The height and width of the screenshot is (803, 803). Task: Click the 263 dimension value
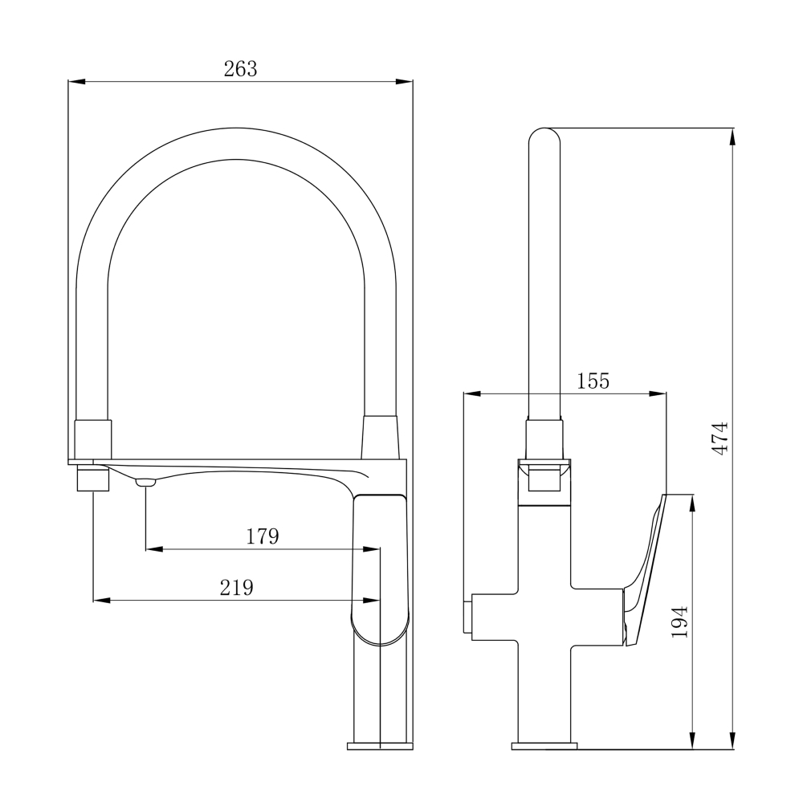tap(240, 68)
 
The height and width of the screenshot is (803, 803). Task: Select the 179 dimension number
tap(263, 536)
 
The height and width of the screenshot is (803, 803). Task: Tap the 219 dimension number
tap(237, 588)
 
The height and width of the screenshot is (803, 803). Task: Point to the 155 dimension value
tap(593, 381)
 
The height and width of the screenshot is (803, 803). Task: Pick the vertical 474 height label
tap(720, 438)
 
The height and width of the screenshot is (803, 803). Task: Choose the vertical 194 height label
tap(679, 622)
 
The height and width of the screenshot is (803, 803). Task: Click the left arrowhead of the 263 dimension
tap(77, 81)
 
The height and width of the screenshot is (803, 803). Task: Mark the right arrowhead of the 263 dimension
tap(404, 81)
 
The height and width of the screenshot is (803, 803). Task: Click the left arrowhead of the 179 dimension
tap(154, 549)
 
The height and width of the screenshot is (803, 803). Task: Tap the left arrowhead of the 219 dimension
tap(101, 600)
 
